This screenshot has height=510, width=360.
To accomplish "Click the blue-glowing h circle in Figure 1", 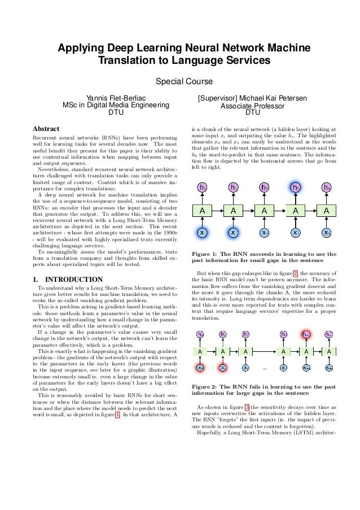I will tap(295, 186).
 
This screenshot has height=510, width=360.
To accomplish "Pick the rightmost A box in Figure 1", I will tap(326, 210).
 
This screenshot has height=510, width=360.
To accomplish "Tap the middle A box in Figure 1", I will tap(264, 210).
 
